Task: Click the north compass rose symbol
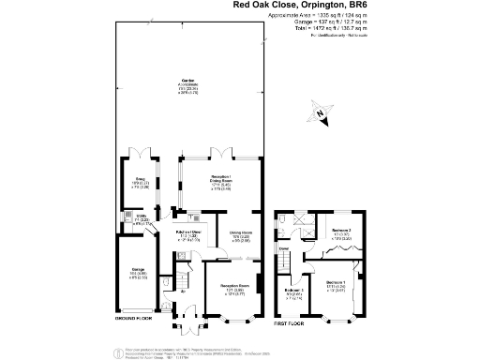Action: (x=322, y=115)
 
